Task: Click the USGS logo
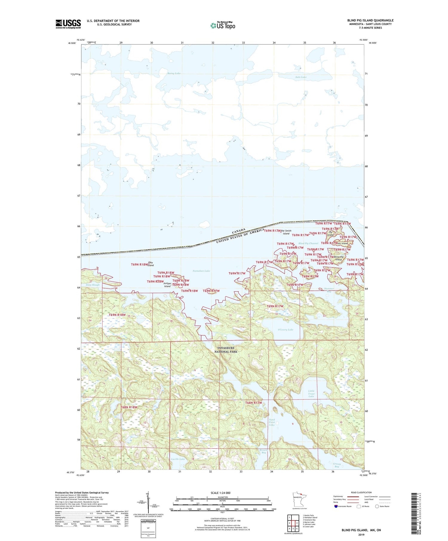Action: [68, 24]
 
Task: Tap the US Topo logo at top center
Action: [223, 25]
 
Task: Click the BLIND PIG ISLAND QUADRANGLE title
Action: [370, 20]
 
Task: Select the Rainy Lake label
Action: [174, 73]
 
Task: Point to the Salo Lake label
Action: [301, 77]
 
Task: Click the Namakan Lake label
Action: [201, 271]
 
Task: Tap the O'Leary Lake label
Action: [286, 330]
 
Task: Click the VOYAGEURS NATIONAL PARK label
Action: [225, 350]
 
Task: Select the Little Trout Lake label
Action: [311, 393]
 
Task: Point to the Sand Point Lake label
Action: [272, 422]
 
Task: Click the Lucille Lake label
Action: [178, 459]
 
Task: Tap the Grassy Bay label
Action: [337, 465]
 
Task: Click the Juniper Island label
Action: [167, 285]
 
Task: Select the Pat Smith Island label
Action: [286, 232]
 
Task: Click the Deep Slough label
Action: [93, 285]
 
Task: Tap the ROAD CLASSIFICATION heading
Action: [361, 492]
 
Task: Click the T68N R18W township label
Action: [129, 407]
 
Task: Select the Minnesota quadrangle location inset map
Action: [299, 500]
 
